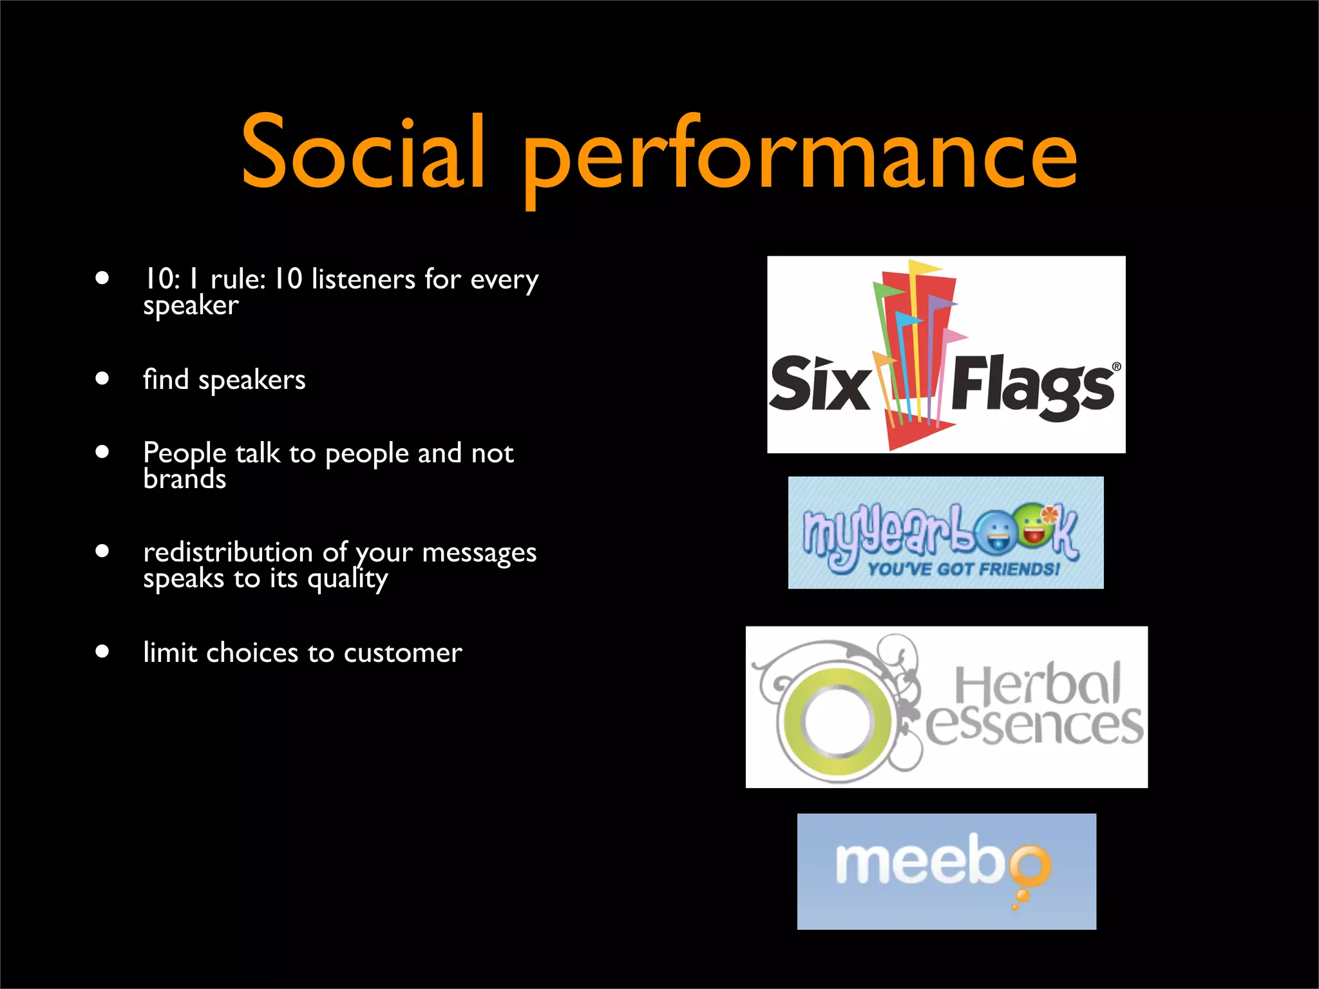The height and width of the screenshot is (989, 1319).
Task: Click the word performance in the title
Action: (x=800, y=158)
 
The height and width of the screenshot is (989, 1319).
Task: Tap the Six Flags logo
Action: (x=945, y=355)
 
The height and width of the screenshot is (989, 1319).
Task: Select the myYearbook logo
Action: (x=945, y=532)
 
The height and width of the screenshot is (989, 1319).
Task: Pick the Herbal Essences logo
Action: (x=946, y=706)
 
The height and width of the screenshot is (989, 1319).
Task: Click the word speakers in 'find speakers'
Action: (x=252, y=380)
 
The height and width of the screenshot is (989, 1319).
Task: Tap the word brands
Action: (x=185, y=479)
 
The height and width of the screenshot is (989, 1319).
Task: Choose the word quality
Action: (x=348, y=579)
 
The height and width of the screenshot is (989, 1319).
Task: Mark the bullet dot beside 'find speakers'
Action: (x=102, y=378)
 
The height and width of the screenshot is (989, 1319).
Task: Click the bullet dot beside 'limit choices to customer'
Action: (x=102, y=651)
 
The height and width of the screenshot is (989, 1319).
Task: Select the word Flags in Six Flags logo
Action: (x=1032, y=384)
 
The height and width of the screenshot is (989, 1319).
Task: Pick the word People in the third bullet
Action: (x=184, y=453)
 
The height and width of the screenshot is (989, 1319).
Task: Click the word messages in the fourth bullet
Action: (x=479, y=552)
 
